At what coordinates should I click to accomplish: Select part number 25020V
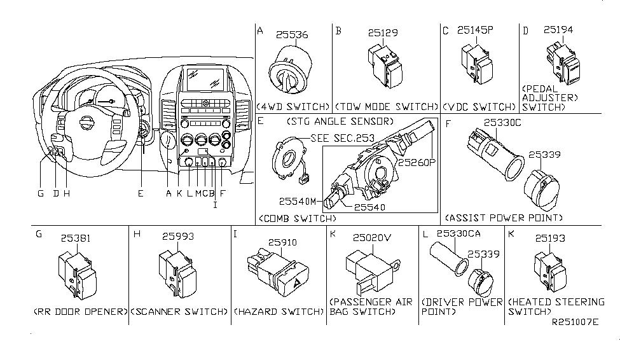click(x=372, y=237)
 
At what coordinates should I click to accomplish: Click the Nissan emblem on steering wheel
click(x=85, y=123)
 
